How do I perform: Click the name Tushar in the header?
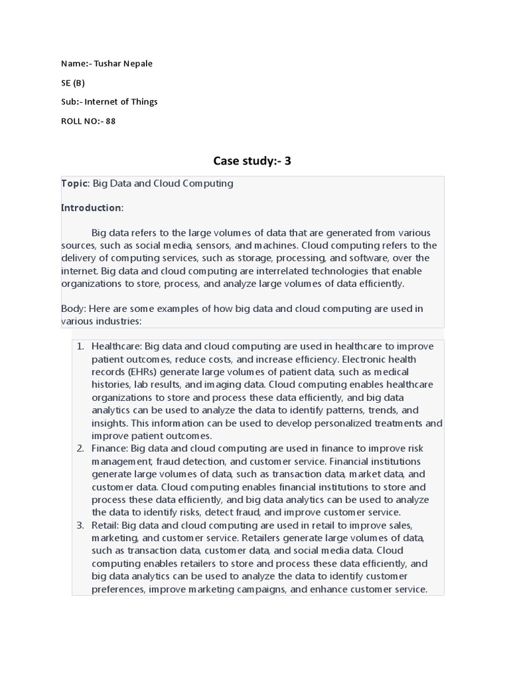click(108, 64)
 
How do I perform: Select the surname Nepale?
click(138, 64)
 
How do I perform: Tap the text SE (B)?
click(73, 83)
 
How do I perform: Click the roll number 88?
click(110, 121)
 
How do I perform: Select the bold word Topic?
click(74, 184)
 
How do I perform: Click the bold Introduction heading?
click(91, 208)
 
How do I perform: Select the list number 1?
click(80, 346)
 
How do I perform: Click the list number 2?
click(80, 449)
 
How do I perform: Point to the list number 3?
click(80, 525)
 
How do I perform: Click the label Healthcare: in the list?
click(116, 346)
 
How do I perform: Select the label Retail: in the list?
click(106, 525)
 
